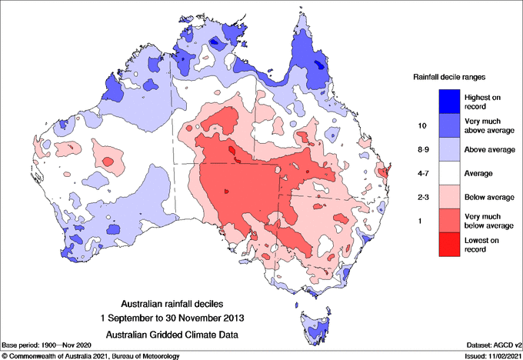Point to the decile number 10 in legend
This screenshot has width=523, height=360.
(421, 124)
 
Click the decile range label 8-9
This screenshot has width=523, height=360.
(421, 149)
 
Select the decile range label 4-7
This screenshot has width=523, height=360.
(421, 173)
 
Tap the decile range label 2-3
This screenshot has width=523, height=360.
(421, 197)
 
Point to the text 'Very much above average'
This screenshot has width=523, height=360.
(488, 124)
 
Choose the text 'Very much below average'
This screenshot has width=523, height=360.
(488, 221)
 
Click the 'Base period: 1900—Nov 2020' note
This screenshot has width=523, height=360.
(48, 345)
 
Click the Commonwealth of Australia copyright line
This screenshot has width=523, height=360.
(91, 355)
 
